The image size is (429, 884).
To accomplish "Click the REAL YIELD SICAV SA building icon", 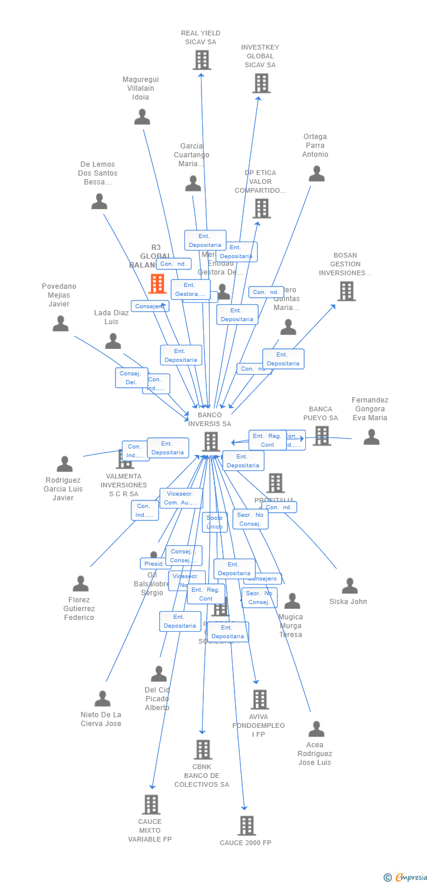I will (x=202, y=60).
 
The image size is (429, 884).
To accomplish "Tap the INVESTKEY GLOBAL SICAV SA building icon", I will (x=261, y=83).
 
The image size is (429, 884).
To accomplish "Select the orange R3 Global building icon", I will (x=157, y=283).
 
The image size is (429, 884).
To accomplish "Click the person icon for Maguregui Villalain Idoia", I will (x=142, y=117).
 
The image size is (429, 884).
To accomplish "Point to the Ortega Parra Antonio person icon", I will (x=316, y=174).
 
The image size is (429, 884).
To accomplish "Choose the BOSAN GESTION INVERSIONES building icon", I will (x=346, y=291).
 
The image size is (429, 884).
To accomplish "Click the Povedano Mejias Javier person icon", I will (x=60, y=324).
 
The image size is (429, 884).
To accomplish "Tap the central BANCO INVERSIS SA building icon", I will (x=210, y=441).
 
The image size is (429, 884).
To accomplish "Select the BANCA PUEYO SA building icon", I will (x=321, y=436).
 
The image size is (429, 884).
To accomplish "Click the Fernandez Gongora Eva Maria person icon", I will (x=371, y=437).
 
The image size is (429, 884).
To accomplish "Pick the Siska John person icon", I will (x=349, y=586).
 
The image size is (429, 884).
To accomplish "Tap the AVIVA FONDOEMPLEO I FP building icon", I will (x=259, y=700).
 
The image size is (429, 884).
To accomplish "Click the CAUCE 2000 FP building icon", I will (x=246, y=826).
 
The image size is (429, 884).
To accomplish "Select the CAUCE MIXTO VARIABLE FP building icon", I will (x=151, y=804).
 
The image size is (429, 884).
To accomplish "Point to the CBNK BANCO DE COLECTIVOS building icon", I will (x=203, y=750).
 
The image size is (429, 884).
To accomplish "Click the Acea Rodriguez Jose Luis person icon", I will (x=316, y=729).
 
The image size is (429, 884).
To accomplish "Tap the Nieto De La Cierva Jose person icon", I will (x=103, y=699).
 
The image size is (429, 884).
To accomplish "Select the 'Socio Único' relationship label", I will (x=214, y=522).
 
